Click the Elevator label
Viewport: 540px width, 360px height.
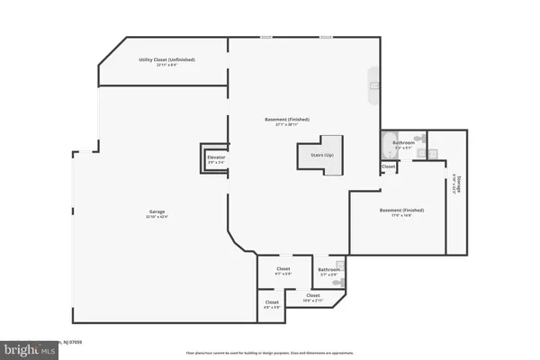pos(216,157)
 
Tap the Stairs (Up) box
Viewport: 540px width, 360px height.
pos(320,154)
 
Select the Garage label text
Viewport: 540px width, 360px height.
pos(157,211)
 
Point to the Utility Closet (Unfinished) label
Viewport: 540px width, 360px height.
pos(166,59)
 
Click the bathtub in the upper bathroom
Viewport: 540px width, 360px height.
pos(388,143)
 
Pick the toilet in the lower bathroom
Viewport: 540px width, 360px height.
pos(337,283)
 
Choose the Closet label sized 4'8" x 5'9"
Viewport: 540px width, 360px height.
pos(272,302)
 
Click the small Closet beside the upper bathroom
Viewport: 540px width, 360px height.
pos(388,166)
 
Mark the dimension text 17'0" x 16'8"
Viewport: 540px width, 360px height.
pos(401,215)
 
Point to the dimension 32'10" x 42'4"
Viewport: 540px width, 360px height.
pos(157,217)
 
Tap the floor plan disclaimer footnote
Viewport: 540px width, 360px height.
pos(269,352)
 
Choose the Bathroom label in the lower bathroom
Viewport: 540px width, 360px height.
pos(328,268)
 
